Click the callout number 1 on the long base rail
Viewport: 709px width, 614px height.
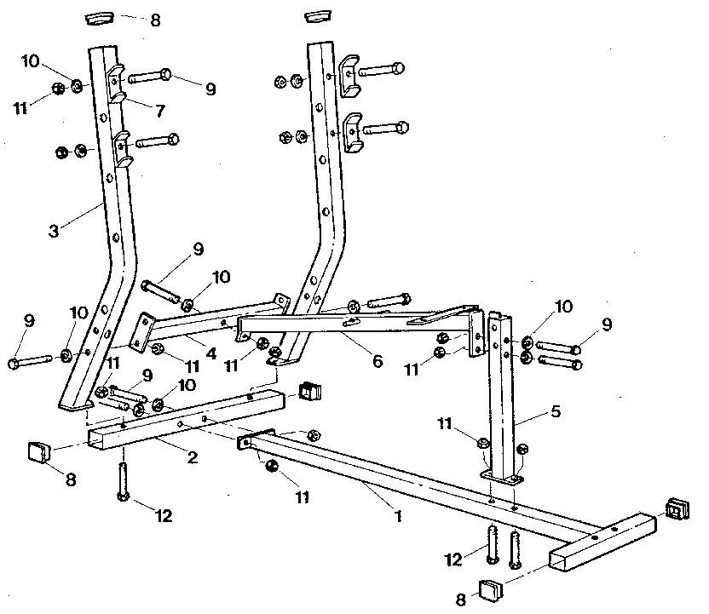pyautogui.click(x=396, y=514)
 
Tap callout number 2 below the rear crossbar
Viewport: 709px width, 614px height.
pyautogui.click(x=193, y=457)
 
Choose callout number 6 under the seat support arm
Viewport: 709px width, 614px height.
pyautogui.click(x=377, y=361)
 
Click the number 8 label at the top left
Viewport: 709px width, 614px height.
pyautogui.click(x=154, y=20)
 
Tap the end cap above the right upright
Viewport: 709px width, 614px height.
pyautogui.click(x=316, y=16)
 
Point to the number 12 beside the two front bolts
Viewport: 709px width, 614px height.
pyautogui.click(x=454, y=559)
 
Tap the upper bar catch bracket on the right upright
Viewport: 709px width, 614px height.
pyautogui.click(x=350, y=72)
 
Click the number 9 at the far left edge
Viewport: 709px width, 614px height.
pyautogui.click(x=28, y=321)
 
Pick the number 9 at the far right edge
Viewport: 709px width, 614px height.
pyautogui.click(x=608, y=324)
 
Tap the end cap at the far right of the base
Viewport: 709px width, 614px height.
pyautogui.click(x=677, y=508)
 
